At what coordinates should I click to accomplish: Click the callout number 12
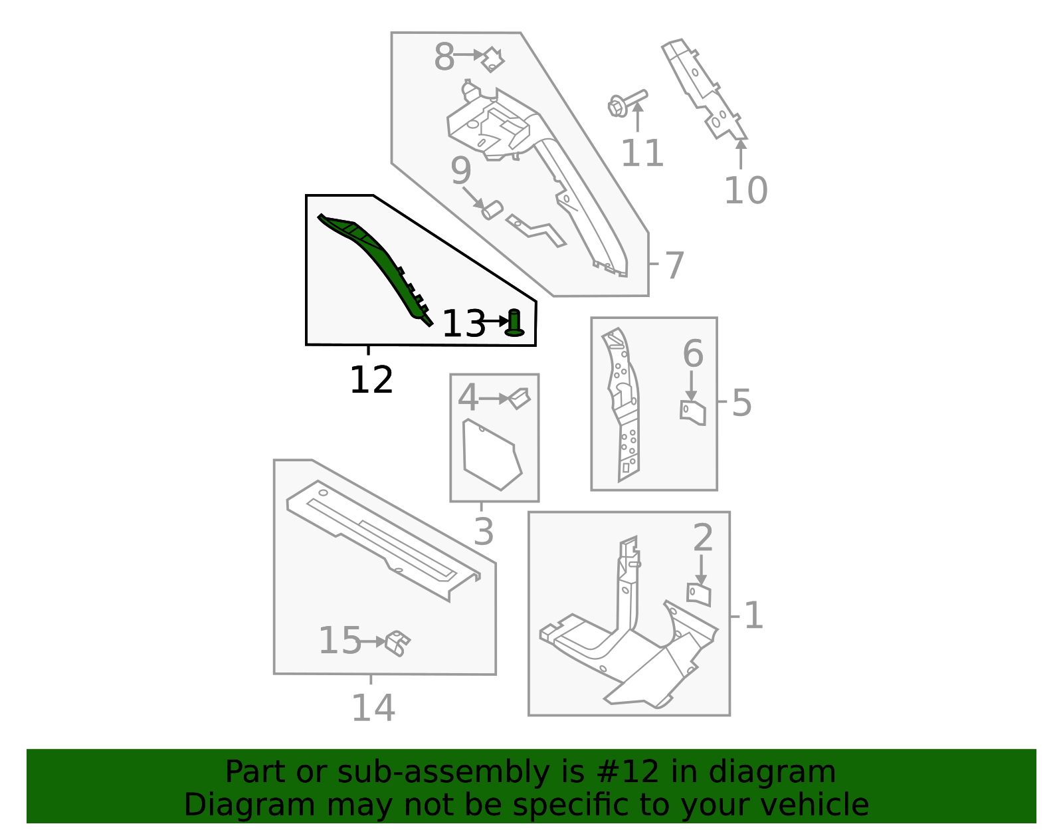tap(371, 381)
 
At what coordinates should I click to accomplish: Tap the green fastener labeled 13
tap(514, 324)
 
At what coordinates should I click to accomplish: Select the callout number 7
tap(674, 266)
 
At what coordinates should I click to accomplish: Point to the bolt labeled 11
tap(627, 104)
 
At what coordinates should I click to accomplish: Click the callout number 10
tap(745, 191)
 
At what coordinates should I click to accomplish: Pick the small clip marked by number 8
tap(492, 60)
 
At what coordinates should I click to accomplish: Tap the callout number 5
tap(741, 403)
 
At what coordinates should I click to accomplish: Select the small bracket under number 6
tap(693, 412)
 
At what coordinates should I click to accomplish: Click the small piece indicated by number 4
tap(520, 398)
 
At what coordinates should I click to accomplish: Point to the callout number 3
tap(484, 532)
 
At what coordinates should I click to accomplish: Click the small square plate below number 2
tap(699, 594)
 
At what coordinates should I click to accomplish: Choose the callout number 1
tap(753, 615)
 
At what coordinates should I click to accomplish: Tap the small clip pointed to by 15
tap(397, 643)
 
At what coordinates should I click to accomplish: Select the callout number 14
tap(373, 708)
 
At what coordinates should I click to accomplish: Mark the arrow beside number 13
tap(495, 321)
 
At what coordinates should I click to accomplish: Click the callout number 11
tap(642, 154)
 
